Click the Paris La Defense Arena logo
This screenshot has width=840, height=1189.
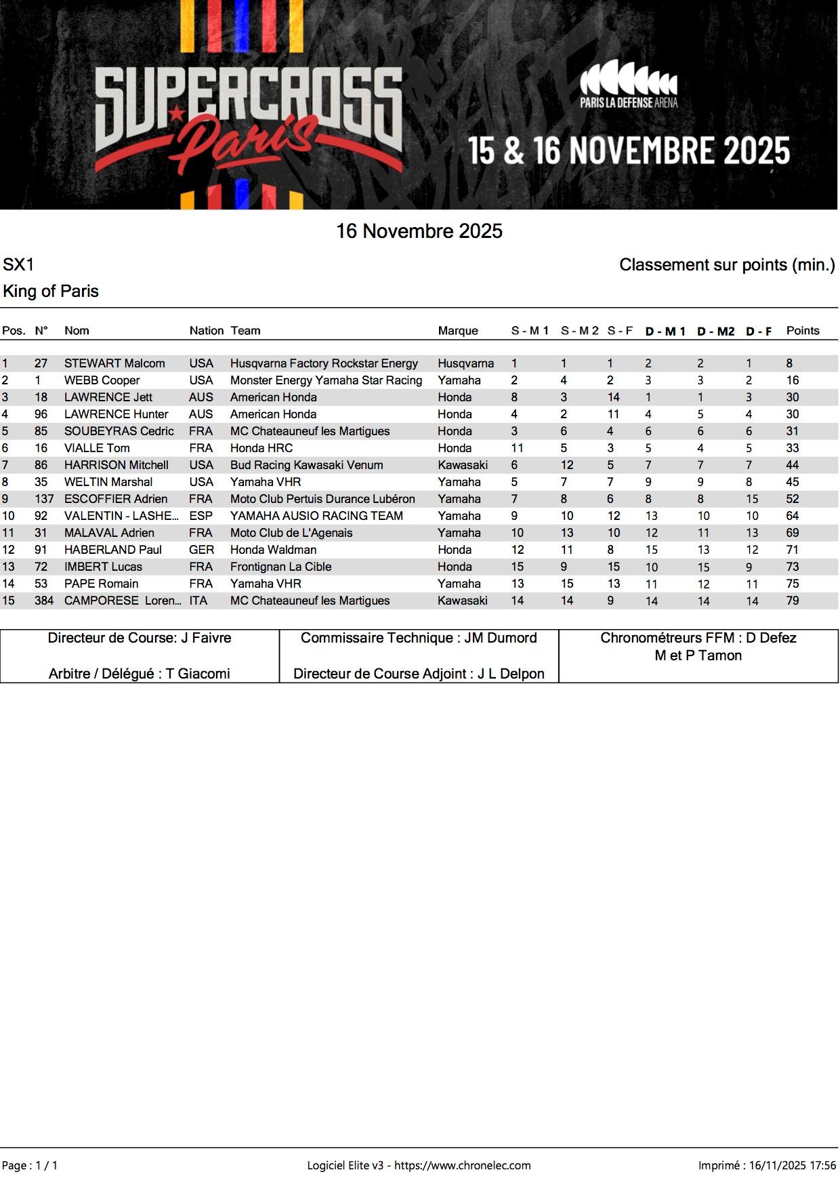point(628,83)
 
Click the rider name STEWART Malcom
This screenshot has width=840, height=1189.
point(114,363)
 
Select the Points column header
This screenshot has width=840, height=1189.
point(803,331)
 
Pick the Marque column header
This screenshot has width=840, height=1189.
point(458,331)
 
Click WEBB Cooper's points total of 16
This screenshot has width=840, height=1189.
point(793,380)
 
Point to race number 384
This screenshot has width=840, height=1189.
point(44,601)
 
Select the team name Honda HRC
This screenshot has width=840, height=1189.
point(261,448)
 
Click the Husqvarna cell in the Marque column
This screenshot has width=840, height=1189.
point(465,363)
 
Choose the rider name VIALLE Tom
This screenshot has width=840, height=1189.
point(97,448)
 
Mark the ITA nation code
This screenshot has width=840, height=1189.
point(198,601)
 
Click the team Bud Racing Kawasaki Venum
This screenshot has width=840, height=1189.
point(306,465)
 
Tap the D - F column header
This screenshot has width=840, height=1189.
point(759,331)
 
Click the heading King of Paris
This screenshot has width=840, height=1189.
point(51,291)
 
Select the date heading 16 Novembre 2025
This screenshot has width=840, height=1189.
point(419,231)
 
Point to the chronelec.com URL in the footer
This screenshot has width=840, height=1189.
point(463,1165)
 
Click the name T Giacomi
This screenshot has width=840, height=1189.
point(198,674)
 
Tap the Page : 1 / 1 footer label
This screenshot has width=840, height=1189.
point(30,1165)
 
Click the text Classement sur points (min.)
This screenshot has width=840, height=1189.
point(727,265)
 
